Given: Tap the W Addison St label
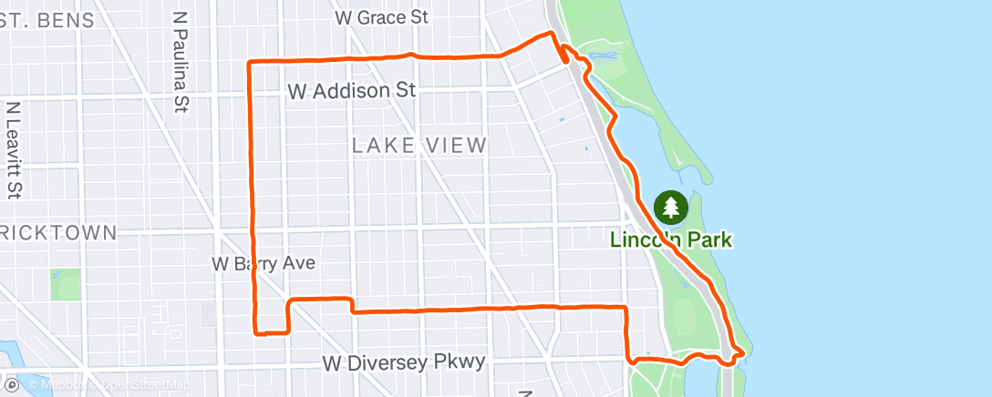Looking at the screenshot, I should coord(351,91).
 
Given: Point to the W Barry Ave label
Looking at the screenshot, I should coord(263,263).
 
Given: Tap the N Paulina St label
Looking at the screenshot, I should coord(180,62).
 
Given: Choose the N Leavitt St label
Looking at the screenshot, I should coord(14,150).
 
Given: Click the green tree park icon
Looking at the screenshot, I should coord(672,208).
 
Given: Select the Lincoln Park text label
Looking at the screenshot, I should coord(673,240).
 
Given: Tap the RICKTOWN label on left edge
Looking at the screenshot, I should coord(59,232).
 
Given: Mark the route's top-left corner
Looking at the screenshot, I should coord(251,62).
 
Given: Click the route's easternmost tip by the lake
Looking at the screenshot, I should coord(746,351).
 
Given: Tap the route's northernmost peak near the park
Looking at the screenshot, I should coord(550,33).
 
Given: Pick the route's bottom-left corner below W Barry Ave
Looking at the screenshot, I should coord(256,332).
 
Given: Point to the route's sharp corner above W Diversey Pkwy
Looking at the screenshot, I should coord(625,307).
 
